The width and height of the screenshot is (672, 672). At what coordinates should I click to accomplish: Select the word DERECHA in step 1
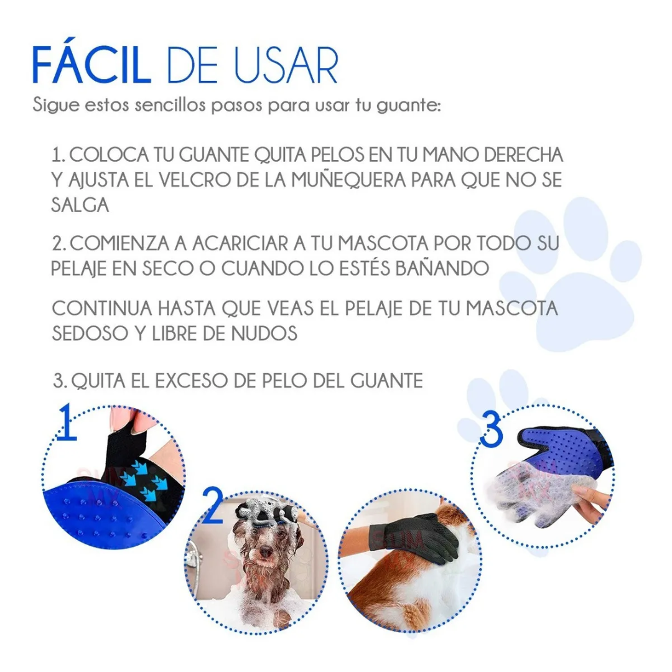click(x=523, y=155)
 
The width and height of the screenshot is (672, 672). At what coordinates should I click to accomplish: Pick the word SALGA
click(x=80, y=205)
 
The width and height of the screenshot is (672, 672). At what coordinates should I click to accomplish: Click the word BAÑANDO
click(x=442, y=268)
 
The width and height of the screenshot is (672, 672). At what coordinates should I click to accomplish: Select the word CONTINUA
click(x=102, y=309)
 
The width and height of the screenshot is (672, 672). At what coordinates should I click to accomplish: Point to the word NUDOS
click(x=264, y=334)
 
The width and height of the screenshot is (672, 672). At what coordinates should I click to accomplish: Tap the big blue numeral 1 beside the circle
click(x=67, y=421)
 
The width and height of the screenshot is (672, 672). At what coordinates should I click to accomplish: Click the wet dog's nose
click(x=265, y=551)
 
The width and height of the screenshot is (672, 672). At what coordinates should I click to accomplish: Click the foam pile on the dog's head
click(x=266, y=511)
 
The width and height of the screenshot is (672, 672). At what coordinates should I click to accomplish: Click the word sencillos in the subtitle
click(x=170, y=105)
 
